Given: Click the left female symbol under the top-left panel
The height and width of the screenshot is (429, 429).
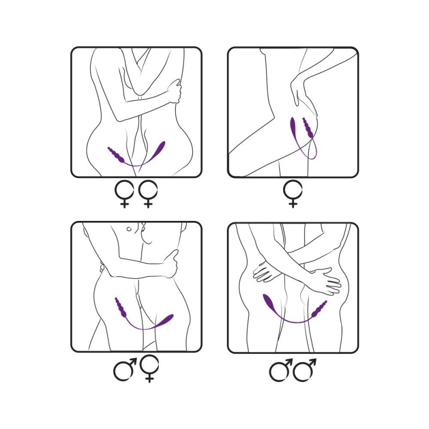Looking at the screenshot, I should [124, 193].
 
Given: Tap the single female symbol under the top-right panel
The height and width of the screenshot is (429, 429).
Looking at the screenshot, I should [293, 193].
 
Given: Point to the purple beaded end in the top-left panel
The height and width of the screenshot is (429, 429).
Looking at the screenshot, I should [116, 156].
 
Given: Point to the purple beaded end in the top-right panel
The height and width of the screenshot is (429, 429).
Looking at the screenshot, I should [309, 129].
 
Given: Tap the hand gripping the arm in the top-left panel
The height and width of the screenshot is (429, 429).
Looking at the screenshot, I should [174, 91].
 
